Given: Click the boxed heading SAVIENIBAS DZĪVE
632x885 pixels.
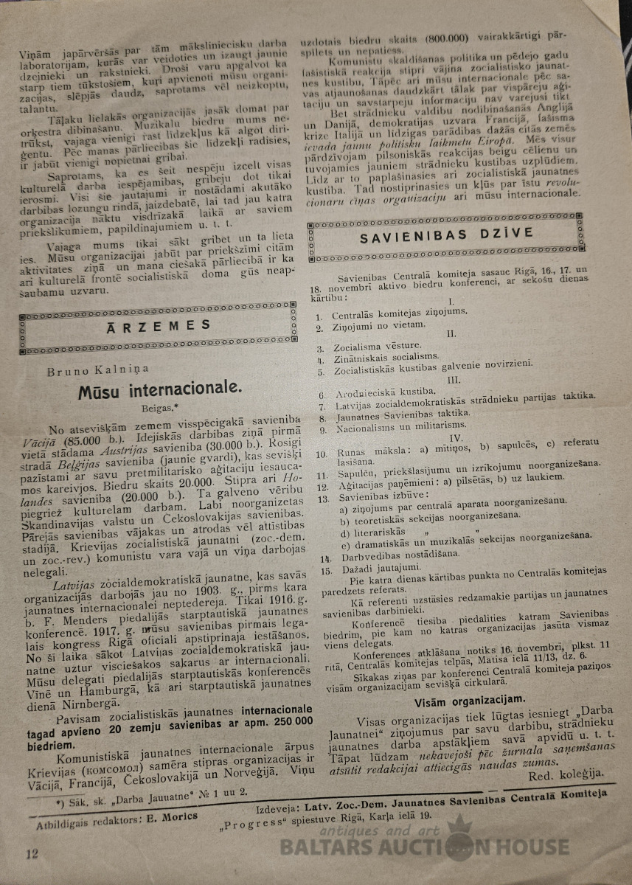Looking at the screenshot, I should [x=446, y=236].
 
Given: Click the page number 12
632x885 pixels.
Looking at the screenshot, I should [x=31, y=854].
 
